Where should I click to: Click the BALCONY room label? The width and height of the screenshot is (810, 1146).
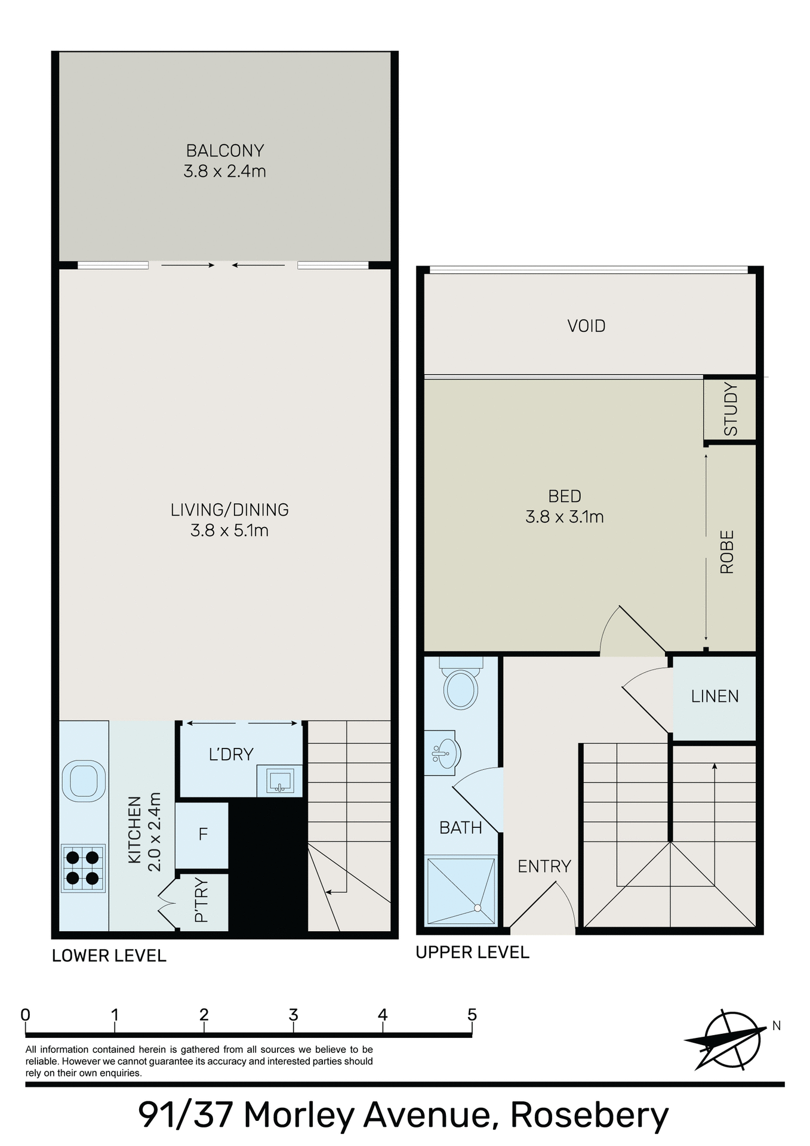[225, 150]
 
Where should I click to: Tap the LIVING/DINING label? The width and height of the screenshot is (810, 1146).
[229, 510]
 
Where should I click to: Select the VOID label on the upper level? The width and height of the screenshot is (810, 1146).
[586, 326]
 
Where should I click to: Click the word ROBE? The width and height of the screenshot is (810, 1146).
[726, 552]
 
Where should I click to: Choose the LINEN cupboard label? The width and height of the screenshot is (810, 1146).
[714, 696]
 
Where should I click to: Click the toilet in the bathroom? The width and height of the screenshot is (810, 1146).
[461, 688]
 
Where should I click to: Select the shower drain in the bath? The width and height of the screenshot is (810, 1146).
[478, 908]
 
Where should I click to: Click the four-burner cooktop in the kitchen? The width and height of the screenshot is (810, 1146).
[83, 868]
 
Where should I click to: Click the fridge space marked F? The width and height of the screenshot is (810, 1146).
[203, 834]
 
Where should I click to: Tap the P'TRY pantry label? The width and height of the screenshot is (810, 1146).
[202, 900]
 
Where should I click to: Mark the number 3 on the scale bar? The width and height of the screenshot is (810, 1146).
[293, 1015]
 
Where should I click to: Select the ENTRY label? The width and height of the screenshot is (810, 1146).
[544, 866]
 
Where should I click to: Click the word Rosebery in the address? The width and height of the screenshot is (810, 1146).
[589, 1115]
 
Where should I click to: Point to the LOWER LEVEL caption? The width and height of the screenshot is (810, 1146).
[109, 956]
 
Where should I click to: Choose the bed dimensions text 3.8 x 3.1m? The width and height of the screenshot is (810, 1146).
[564, 517]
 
